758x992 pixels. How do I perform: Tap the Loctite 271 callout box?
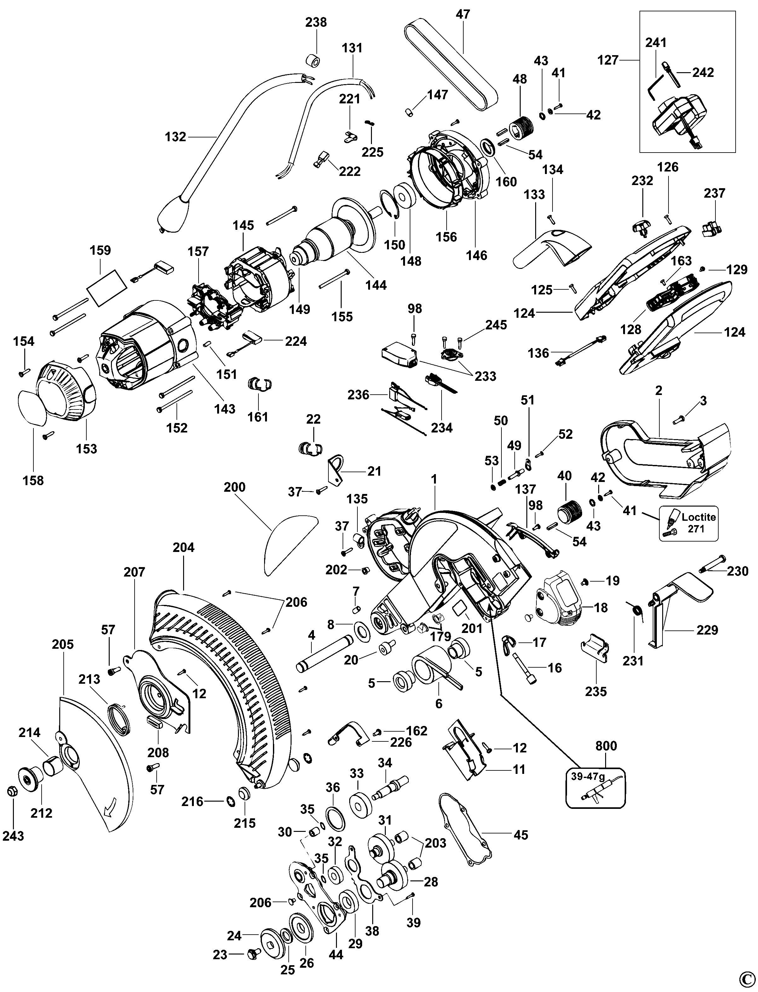[689, 523]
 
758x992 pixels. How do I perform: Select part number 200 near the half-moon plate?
[234, 487]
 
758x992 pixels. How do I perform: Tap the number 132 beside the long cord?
[176, 137]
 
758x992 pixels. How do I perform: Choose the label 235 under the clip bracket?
[596, 691]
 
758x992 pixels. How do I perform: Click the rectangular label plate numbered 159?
[107, 288]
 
